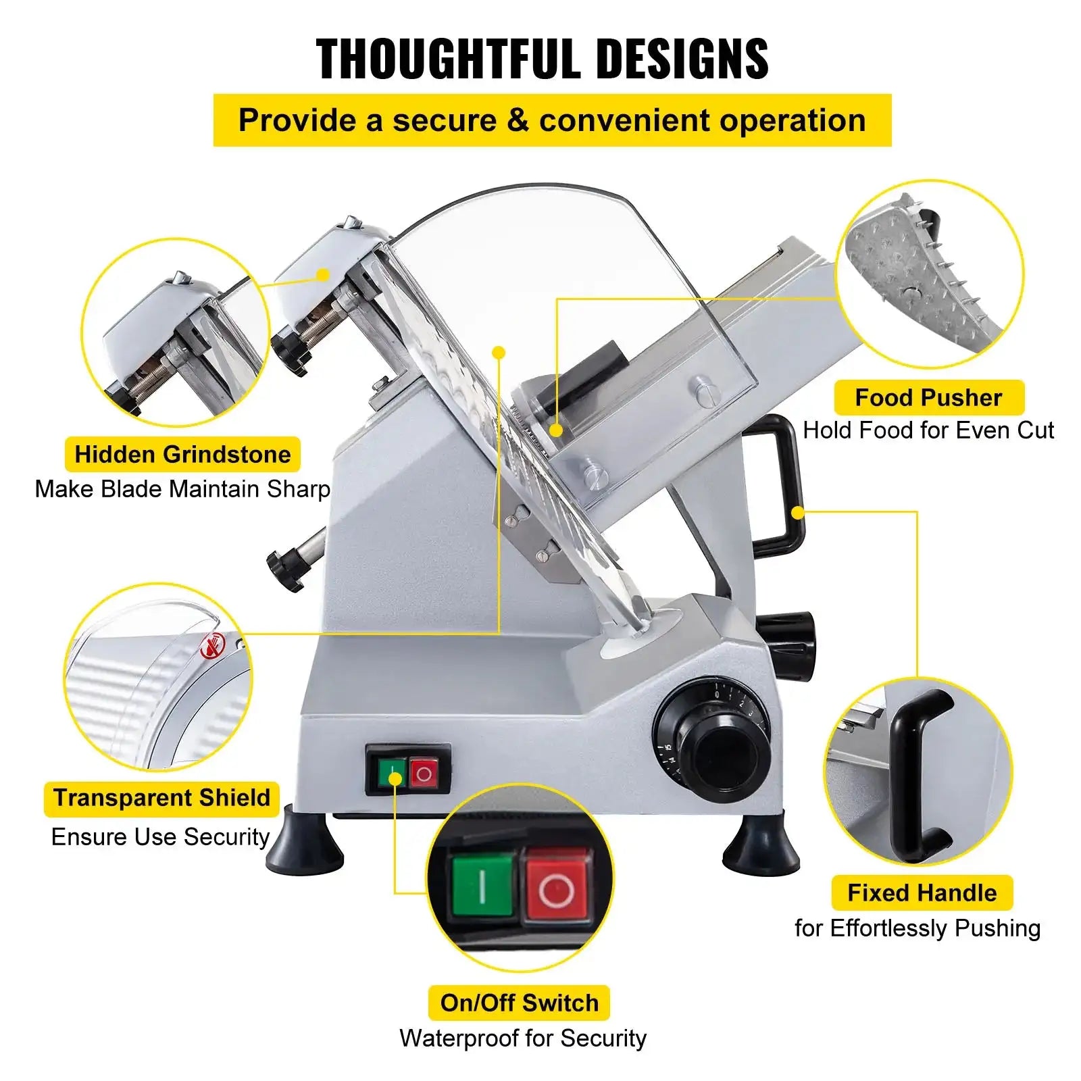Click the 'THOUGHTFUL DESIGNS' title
click(x=542, y=59)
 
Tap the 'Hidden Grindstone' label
click(x=182, y=454)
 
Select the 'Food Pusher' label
click(x=928, y=397)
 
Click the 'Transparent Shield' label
click(x=161, y=798)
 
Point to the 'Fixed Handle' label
click(x=922, y=893)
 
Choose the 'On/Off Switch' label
click(x=519, y=1003)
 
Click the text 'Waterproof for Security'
click(x=522, y=1038)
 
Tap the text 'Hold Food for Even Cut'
click(x=928, y=430)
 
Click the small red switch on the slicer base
click(x=424, y=773)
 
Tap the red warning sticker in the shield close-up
click(x=210, y=648)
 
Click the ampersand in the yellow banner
click(x=517, y=120)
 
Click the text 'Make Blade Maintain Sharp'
click(x=182, y=488)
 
